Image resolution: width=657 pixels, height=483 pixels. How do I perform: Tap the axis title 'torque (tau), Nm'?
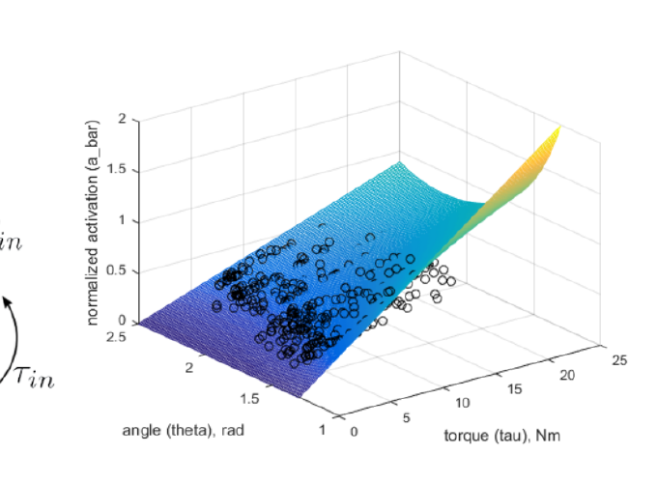(x=502, y=436)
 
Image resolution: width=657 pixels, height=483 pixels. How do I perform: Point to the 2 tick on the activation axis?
(x=123, y=120)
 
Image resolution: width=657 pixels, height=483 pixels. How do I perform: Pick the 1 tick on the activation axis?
(x=123, y=221)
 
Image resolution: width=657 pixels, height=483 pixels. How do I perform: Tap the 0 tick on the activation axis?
(x=123, y=322)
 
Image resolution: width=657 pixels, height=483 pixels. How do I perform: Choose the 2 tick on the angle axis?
(x=191, y=368)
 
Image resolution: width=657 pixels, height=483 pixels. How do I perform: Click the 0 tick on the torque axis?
(x=355, y=432)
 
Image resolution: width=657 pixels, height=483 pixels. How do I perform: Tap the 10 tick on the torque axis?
(x=462, y=403)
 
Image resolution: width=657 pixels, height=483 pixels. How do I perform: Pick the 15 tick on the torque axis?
(x=514, y=388)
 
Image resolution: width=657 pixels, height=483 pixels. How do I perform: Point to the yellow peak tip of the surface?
(x=557, y=128)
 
